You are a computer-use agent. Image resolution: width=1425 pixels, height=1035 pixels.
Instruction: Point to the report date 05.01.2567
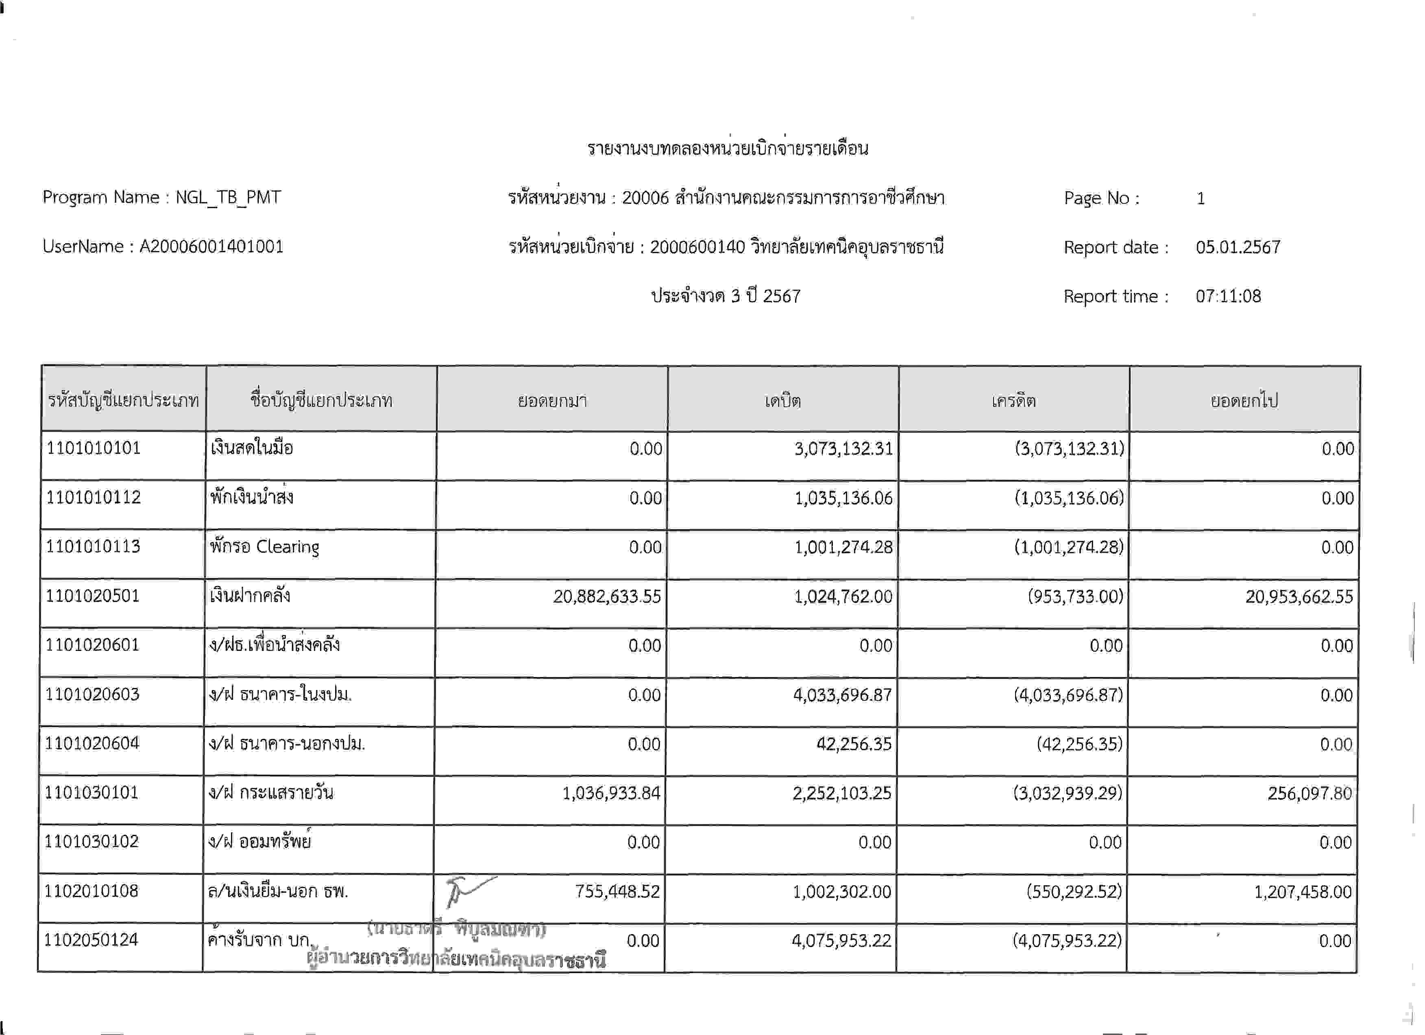pos(1238,247)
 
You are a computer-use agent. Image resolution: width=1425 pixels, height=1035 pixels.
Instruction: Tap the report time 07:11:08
pos(1228,296)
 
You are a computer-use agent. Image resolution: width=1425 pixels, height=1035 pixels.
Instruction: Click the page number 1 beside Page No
pos(1200,199)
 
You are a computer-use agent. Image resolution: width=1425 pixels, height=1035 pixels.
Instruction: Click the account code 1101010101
pos(94,448)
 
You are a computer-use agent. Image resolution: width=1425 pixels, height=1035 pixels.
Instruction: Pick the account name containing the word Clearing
pos(264,547)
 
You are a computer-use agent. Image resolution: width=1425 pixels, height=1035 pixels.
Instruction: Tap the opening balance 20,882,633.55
pos(607,596)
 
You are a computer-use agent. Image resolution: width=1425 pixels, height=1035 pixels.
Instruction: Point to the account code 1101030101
pos(92,793)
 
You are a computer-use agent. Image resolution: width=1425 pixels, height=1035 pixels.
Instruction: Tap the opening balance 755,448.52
pos(617,891)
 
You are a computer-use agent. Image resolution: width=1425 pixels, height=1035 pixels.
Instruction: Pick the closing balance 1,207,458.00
pos(1303,892)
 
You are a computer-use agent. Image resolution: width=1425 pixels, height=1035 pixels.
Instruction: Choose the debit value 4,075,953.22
pos(841,941)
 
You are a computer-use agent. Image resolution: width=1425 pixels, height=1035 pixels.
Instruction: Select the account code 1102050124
pos(91,940)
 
